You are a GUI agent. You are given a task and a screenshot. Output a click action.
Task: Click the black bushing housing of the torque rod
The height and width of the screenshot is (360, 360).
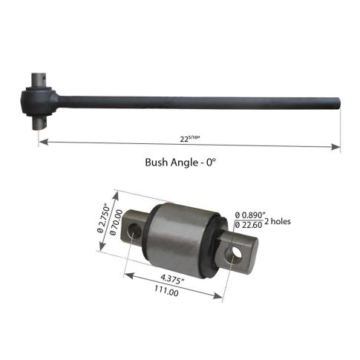point(39,99)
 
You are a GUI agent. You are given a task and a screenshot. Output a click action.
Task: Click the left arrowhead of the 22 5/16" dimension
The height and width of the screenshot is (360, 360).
point(42,140)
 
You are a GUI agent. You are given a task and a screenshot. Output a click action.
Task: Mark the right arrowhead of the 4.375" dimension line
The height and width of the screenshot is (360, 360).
point(220,300)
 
